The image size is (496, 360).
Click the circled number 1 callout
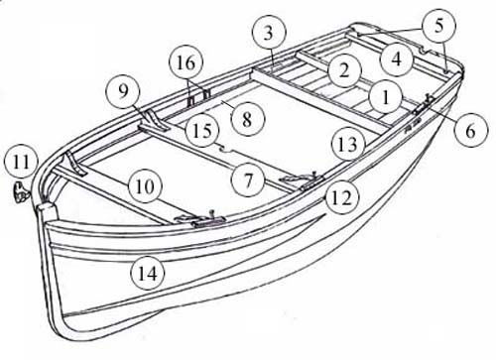point(386,97)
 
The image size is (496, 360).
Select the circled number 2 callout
point(344,70)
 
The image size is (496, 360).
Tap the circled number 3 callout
point(268,33)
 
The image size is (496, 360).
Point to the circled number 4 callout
point(397,59)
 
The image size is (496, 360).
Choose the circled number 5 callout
point(438,26)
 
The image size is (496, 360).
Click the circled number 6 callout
point(470,130)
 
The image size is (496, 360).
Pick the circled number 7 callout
point(248,180)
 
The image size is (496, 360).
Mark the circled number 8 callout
point(247,119)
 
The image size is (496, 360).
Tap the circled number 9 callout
point(123,91)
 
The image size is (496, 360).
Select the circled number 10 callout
point(145,186)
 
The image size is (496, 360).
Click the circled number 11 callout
point(22,163)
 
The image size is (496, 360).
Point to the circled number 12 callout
point(341,198)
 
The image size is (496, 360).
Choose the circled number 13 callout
point(349,145)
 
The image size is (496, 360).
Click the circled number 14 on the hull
point(148,274)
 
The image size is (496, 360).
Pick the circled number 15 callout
point(202,131)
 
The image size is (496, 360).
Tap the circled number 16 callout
point(186,62)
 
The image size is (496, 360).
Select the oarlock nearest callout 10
point(200,219)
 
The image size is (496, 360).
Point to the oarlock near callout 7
point(302,181)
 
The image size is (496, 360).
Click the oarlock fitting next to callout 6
point(424,104)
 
